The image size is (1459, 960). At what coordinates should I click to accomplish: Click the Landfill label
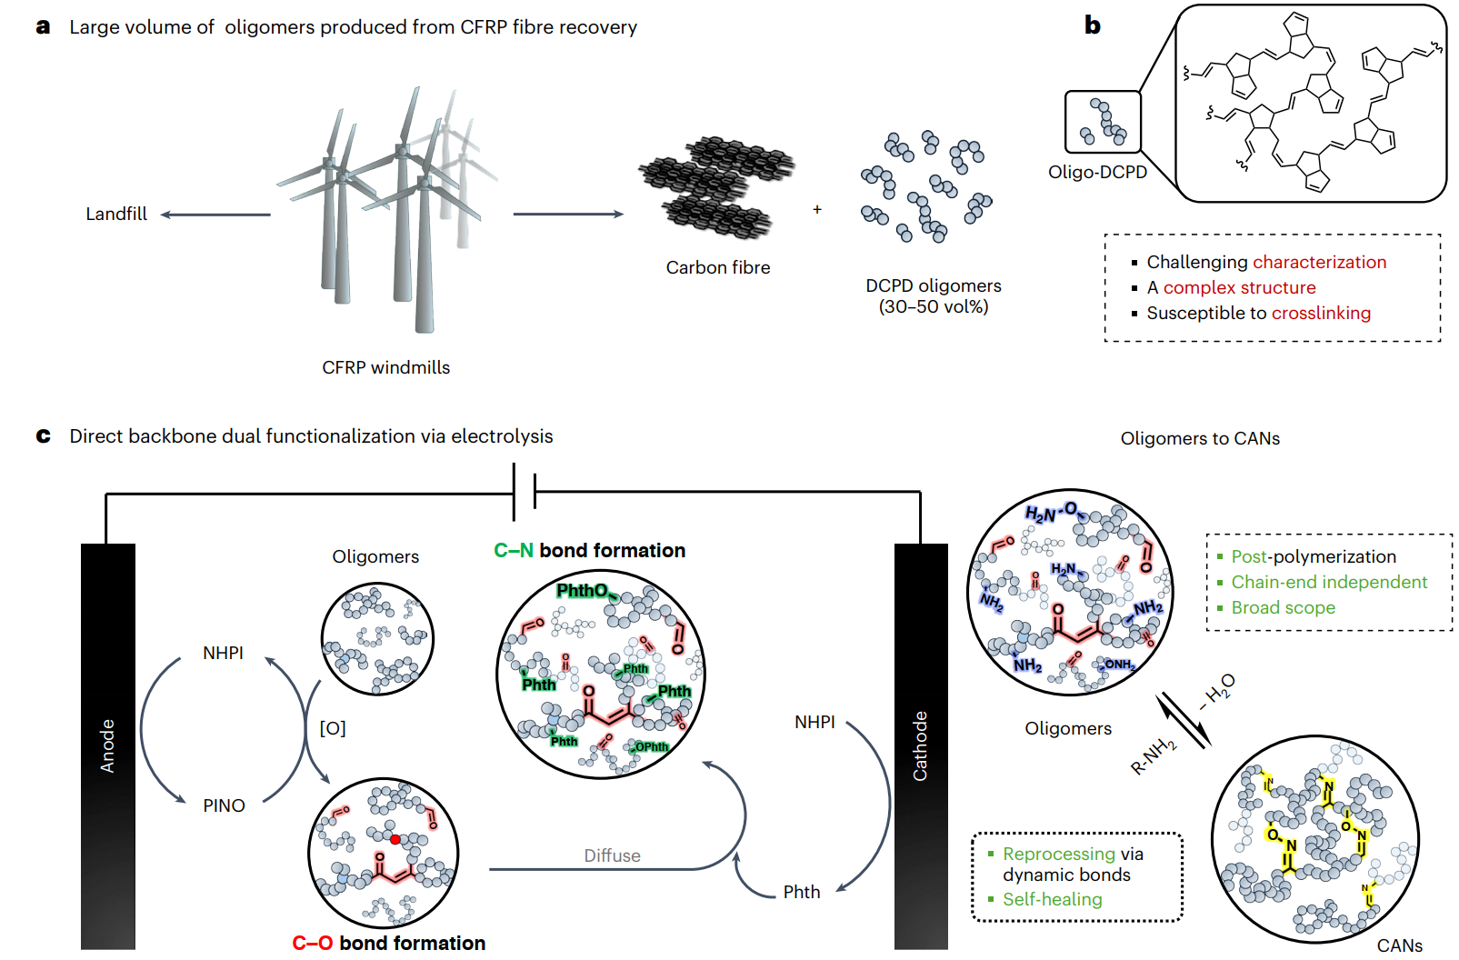pyautogui.click(x=116, y=214)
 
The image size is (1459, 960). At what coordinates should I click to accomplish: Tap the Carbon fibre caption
pyautogui.click(x=717, y=267)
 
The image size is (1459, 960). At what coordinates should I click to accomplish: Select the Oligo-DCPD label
pyautogui.click(x=1097, y=172)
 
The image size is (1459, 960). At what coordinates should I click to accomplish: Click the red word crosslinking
pyautogui.click(x=1322, y=313)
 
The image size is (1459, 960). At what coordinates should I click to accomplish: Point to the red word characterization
pyautogui.click(x=1320, y=262)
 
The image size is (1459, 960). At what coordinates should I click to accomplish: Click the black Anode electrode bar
pyautogui.click(x=107, y=745)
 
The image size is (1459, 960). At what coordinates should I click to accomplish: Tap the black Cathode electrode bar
pyautogui.click(x=920, y=745)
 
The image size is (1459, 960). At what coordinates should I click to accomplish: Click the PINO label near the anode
pyautogui.click(x=224, y=805)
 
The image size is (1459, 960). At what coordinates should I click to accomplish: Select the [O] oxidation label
pyautogui.click(x=333, y=728)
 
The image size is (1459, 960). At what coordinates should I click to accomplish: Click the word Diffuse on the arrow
pyautogui.click(x=612, y=855)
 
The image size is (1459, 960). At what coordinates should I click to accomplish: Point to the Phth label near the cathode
pyautogui.click(x=802, y=892)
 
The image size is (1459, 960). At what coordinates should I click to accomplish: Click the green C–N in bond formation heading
pyautogui.click(x=513, y=550)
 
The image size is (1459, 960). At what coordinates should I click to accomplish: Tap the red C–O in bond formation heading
pyautogui.click(x=312, y=943)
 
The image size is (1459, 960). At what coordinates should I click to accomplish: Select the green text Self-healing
pyautogui.click(x=1052, y=899)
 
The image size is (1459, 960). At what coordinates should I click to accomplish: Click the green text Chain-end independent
pyautogui.click(x=1329, y=582)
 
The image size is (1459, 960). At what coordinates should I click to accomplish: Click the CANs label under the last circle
pyautogui.click(x=1399, y=945)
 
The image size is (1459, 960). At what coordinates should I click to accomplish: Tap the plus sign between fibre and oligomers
pyautogui.click(x=817, y=209)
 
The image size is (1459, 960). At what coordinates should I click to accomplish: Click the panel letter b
pyautogui.click(x=1092, y=25)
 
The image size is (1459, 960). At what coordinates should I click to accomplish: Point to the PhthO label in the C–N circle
pyautogui.click(x=582, y=591)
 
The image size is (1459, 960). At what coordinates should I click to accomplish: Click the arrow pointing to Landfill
pyautogui.click(x=215, y=215)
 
